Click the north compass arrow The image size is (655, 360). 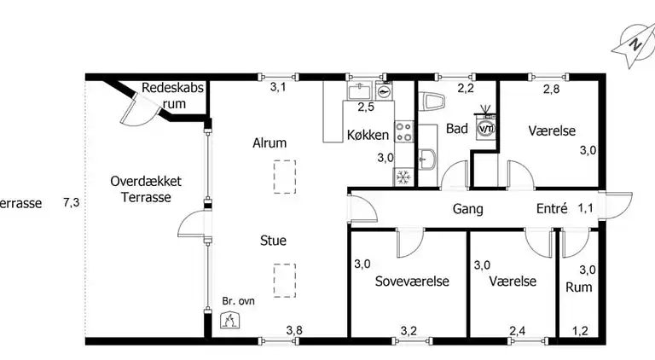tap(633, 45)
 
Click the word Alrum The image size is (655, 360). tap(269, 143)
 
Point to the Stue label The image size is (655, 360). tap(273, 241)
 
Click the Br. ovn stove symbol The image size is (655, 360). tap(229, 319)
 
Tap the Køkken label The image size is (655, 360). tap(368, 135)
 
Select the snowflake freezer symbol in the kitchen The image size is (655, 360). tap(402, 177)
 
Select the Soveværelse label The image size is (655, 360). tap(413, 282)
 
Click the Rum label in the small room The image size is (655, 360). tap(578, 287)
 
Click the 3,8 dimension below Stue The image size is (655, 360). tap(294, 331)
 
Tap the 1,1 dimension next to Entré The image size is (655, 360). tap(586, 208)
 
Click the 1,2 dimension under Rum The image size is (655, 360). tap(580, 331)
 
